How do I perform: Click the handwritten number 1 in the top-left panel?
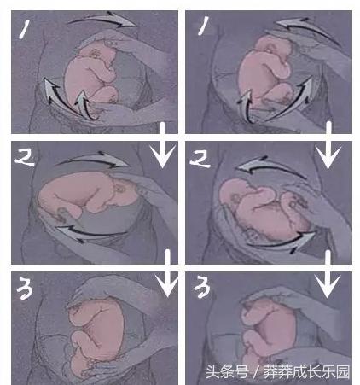point(25,29)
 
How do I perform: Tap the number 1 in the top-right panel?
point(203,26)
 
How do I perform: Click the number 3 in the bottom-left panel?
point(25,289)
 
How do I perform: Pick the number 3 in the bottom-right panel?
point(202,287)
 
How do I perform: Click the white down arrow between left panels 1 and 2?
point(163,145)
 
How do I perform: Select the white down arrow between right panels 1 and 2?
point(328,145)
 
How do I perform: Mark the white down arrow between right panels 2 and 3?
point(328,274)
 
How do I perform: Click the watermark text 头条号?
point(227,372)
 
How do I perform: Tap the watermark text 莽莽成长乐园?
point(306,372)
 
